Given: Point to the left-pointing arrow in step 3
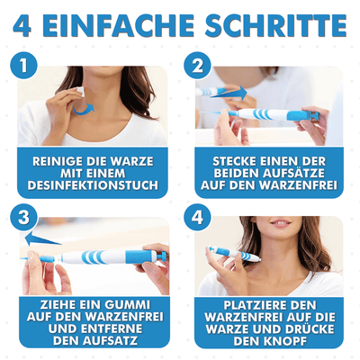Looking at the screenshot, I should (x=40, y=239).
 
